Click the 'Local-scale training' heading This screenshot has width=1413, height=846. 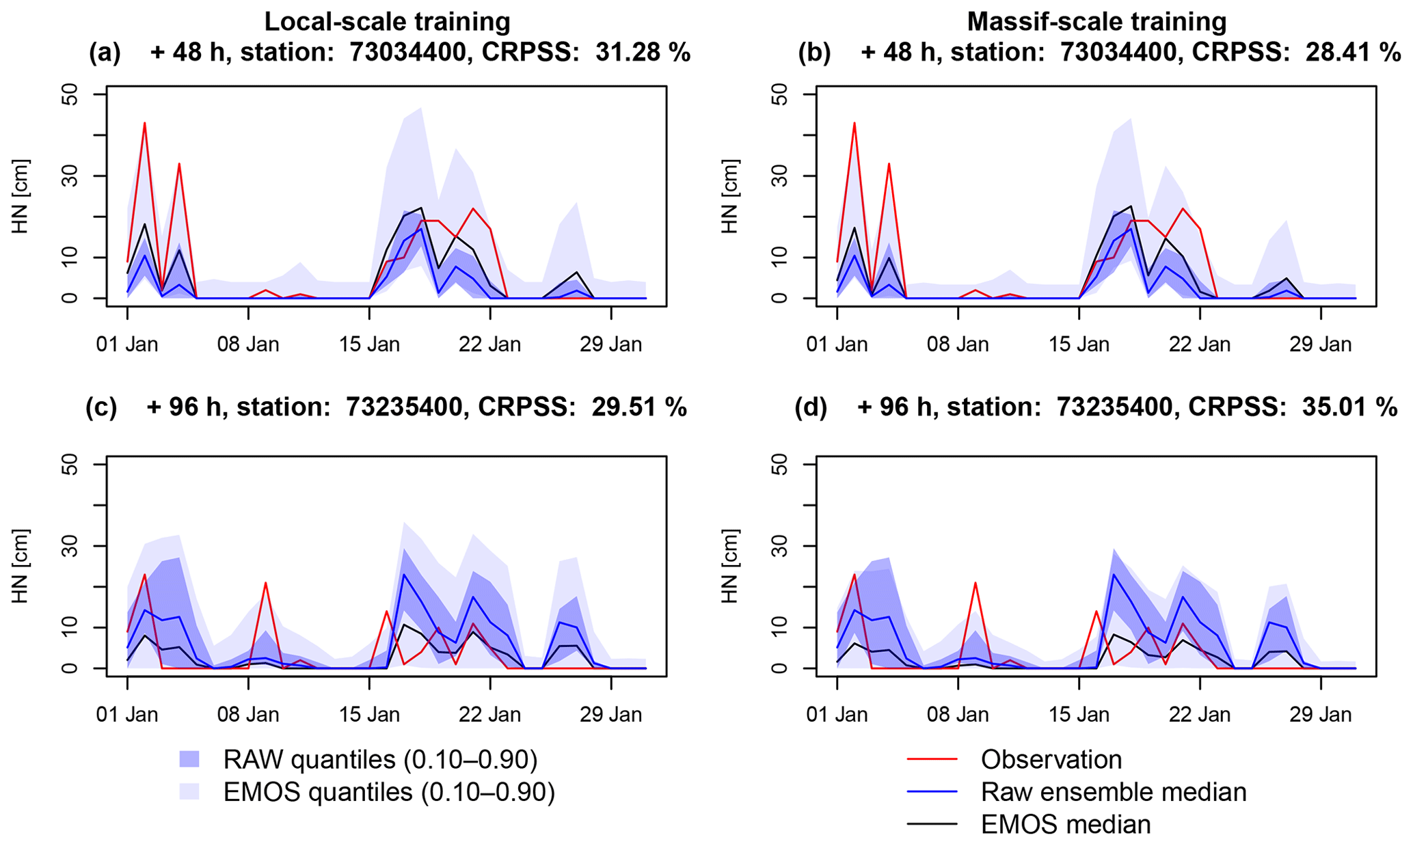[387, 22]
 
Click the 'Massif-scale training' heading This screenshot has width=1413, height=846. [1096, 22]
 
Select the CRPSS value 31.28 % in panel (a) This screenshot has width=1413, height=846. [643, 53]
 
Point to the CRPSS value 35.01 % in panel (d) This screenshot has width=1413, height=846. [1350, 407]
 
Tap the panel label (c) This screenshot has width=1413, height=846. [101, 407]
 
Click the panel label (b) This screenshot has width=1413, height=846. [814, 53]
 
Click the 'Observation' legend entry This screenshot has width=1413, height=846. [1051, 760]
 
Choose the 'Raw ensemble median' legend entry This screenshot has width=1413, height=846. [1113, 792]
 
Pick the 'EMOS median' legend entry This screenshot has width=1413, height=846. [1065, 825]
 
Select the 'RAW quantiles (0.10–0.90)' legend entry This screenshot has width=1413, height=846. [379, 760]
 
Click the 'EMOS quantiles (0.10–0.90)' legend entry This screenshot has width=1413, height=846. [388, 793]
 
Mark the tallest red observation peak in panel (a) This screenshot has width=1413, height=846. [145, 124]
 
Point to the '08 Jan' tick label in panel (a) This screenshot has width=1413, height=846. [248, 344]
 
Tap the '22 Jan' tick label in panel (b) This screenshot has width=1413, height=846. [1200, 344]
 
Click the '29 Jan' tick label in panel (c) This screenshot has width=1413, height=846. [610, 715]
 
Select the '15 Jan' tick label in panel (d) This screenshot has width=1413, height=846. [1079, 715]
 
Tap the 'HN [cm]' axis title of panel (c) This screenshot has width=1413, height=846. [21, 566]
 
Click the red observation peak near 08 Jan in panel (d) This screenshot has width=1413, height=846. [975, 583]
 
